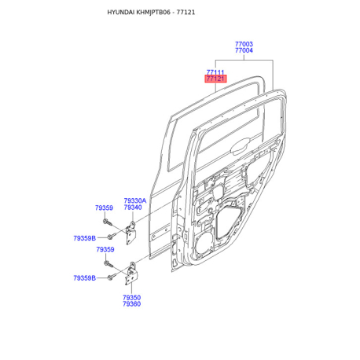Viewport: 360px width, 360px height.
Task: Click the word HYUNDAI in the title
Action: click(121, 13)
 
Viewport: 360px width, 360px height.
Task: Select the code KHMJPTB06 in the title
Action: click(153, 13)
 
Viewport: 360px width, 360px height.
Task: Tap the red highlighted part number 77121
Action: click(215, 79)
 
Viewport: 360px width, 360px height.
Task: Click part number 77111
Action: click(215, 72)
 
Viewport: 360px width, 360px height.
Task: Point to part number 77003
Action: click(244, 44)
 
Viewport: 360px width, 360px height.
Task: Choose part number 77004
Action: click(244, 50)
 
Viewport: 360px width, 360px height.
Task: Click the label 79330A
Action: click(135, 200)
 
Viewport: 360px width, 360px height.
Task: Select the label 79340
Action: click(133, 208)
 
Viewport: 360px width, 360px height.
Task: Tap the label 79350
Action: click(132, 297)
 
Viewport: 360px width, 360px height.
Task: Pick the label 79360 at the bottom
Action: click(132, 304)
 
